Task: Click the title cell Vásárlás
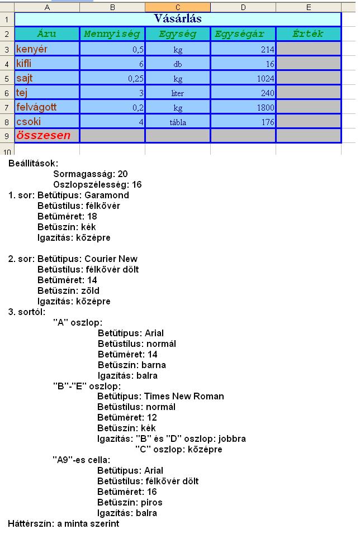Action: [x=177, y=19]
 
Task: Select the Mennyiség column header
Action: [x=112, y=34]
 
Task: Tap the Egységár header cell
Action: [x=243, y=34]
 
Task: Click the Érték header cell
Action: [x=308, y=34]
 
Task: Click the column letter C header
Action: [x=177, y=7]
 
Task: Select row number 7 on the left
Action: [x=7, y=107]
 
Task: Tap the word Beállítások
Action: [x=33, y=164]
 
